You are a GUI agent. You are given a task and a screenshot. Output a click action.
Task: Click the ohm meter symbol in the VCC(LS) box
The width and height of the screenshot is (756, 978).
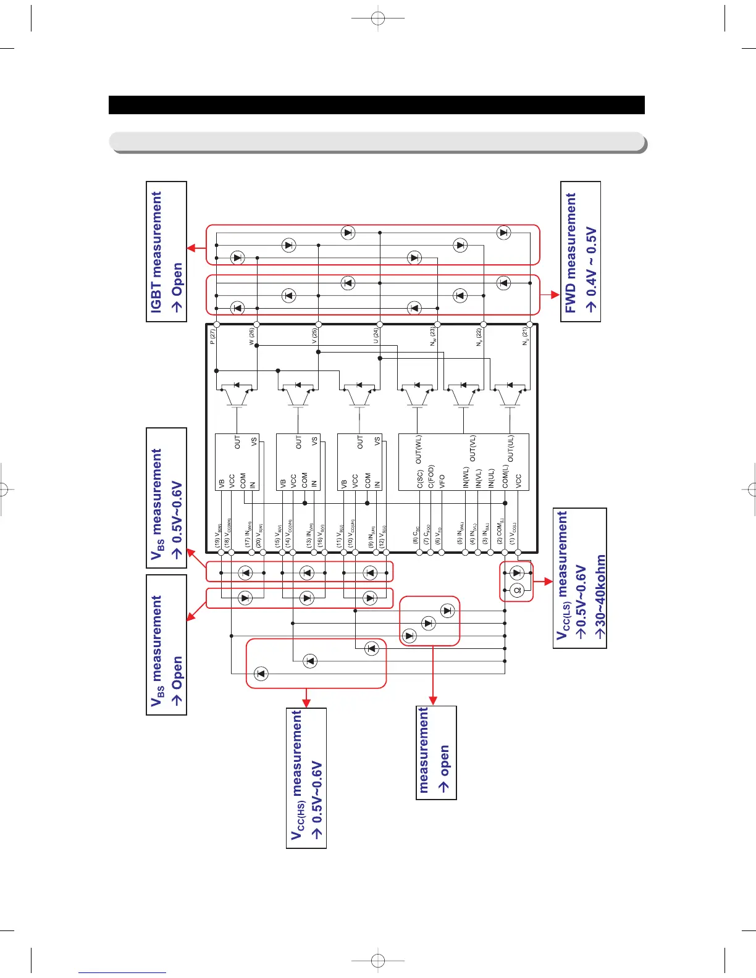[518, 590]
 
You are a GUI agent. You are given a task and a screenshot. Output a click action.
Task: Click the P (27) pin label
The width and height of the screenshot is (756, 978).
[212, 336]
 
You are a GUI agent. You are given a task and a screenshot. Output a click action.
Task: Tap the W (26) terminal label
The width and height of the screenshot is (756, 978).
[252, 336]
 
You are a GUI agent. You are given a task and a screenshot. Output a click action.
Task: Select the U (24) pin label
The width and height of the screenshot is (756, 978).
[376, 336]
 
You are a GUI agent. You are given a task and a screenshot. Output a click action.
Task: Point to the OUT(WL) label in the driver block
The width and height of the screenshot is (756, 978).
[418, 450]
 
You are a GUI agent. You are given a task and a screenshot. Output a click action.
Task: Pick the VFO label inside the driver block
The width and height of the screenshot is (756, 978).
[442, 482]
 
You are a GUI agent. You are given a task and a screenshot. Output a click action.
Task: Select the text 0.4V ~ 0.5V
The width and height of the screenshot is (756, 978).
[592, 269]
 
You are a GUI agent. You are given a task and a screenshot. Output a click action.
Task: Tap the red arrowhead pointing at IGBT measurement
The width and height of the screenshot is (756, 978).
[191, 248]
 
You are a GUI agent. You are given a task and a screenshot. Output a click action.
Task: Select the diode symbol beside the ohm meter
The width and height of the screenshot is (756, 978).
[518, 573]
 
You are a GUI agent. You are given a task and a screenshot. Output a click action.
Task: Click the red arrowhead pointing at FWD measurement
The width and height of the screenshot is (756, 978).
[554, 295]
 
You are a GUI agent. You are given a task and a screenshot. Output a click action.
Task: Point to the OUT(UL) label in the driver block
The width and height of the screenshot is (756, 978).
[510, 449]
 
